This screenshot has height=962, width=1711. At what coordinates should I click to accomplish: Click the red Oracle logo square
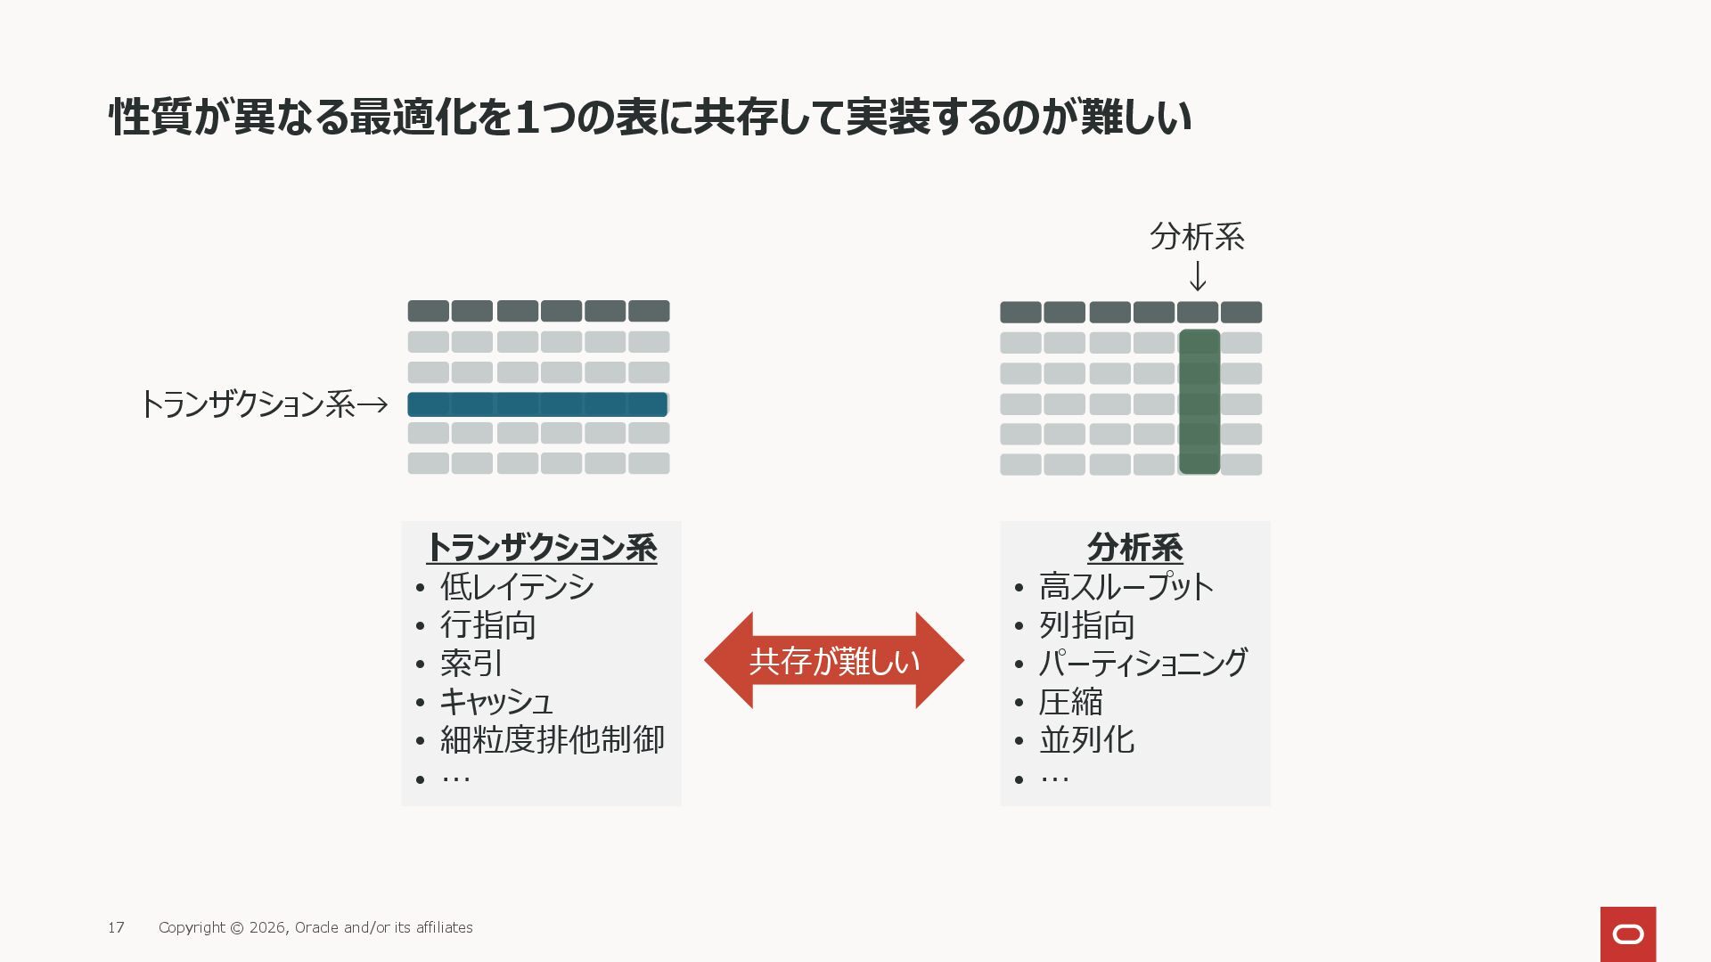[x=1627, y=933]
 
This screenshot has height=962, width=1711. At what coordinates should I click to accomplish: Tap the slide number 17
[x=116, y=927]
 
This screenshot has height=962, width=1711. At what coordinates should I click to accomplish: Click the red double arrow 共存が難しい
[x=834, y=661]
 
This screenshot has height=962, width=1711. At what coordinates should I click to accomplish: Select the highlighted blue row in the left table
[x=537, y=404]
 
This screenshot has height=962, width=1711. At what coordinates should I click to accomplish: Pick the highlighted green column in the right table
[x=1199, y=402]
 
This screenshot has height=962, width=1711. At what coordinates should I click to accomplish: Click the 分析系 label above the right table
[x=1197, y=237]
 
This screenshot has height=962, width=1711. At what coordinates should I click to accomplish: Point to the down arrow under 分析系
[x=1199, y=276]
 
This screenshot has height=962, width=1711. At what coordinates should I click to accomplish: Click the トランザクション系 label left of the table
[x=248, y=404]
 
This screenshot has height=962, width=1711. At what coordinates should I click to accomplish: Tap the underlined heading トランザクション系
[x=542, y=547]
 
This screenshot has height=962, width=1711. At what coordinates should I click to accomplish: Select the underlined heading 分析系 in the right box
[x=1134, y=547]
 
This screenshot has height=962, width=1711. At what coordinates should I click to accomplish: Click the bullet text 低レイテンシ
[x=517, y=587]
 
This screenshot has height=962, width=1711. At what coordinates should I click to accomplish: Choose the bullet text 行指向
[x=487, y=625]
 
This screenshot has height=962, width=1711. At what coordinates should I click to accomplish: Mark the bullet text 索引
[x=471, y=664]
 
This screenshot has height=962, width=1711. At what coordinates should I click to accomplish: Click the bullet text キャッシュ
[x=496, y=702]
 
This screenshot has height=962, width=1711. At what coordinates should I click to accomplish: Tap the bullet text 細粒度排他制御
[x=552, y=740]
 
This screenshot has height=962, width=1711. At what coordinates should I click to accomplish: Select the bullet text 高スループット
[x=1126, y=587]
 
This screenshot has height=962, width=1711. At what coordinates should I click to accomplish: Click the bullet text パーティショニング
[x=1143, y=664]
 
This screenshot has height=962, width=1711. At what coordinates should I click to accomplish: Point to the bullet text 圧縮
[x=1070, y=702]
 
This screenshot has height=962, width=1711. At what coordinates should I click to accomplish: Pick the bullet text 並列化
[x=1086, y=740]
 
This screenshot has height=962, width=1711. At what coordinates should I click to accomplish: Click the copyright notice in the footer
[x=315, y=927]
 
